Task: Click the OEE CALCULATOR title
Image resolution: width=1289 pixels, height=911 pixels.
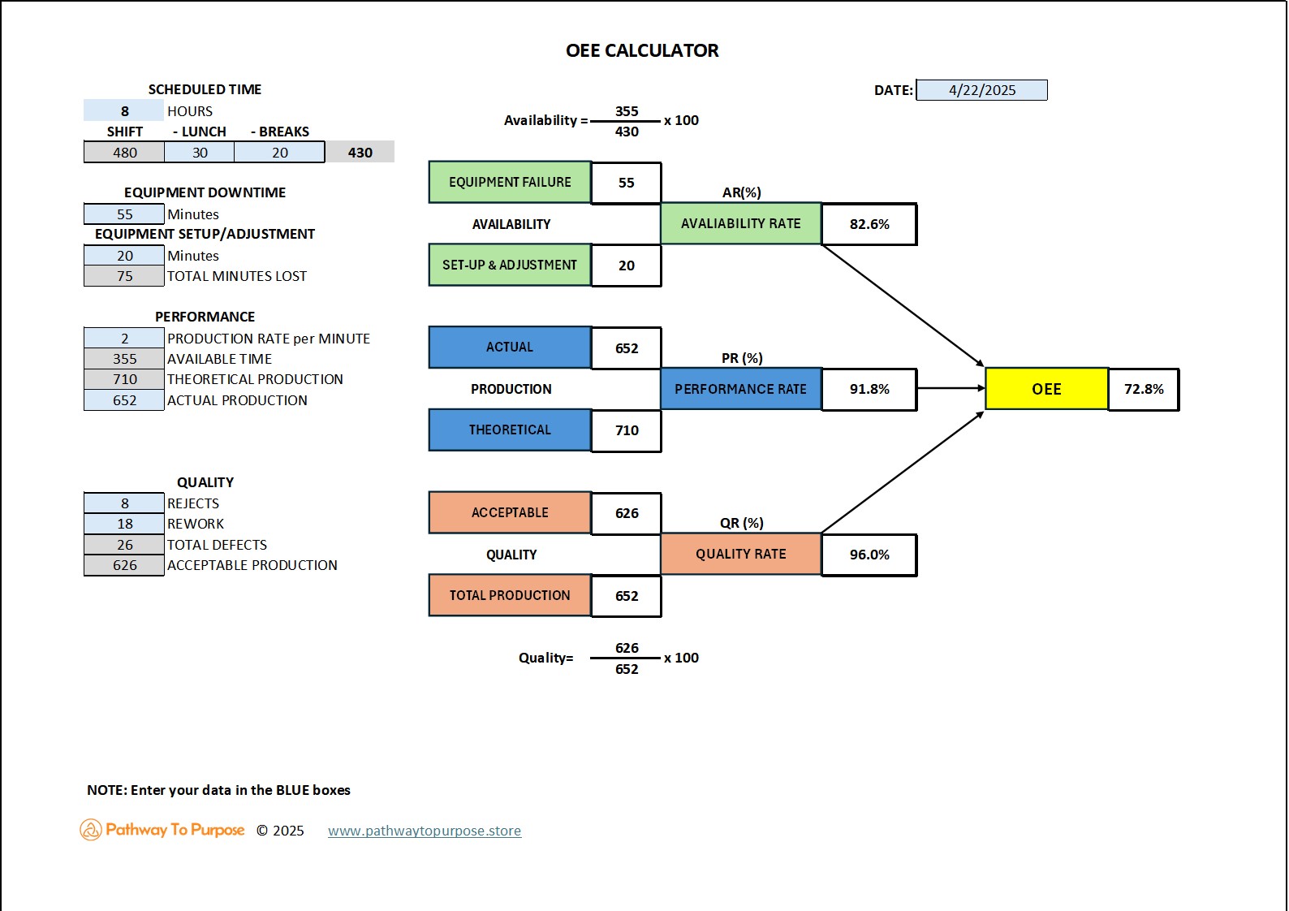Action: [x=642, y=50]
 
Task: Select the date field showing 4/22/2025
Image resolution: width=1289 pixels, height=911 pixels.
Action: [x=981, y=90]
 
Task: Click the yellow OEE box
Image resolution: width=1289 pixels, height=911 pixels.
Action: [x=1046, y=389]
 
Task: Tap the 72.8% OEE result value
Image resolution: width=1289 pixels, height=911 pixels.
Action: [x=1143, y=389]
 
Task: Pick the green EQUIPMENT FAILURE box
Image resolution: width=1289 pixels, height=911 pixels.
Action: [x=510, y=182]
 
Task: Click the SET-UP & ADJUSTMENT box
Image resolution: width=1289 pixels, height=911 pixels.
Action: [x=510, y=265]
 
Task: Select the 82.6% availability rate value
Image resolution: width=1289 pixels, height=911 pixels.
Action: [x=869, y=224]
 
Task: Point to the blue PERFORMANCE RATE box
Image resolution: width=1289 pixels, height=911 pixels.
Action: [x=740, y=389]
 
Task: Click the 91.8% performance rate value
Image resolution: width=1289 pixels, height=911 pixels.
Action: [x=869, y=389]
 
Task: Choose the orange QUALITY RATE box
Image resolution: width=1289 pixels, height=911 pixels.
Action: [x=740, y=554]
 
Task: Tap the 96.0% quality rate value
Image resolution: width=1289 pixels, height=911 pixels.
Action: [x=869, y=555]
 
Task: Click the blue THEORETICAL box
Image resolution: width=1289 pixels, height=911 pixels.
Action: [x=510, y=430]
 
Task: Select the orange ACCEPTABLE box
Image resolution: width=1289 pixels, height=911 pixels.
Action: [x=510, y=512]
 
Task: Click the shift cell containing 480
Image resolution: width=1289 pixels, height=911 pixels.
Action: [x=124, y=153]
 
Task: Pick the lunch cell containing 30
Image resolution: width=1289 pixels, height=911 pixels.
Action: [x=200, y=153]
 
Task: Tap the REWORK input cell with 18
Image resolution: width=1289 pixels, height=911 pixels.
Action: [x=124, y=524]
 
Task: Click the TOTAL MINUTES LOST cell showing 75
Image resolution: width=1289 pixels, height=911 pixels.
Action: [x=124, y=276]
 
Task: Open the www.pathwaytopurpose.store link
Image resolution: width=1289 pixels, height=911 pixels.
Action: [x=425, y=831]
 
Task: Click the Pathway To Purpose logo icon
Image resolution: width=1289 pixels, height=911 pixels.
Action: [x=90, y=830]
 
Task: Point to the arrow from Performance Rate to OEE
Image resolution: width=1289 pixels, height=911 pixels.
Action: [x=951, y=388]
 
